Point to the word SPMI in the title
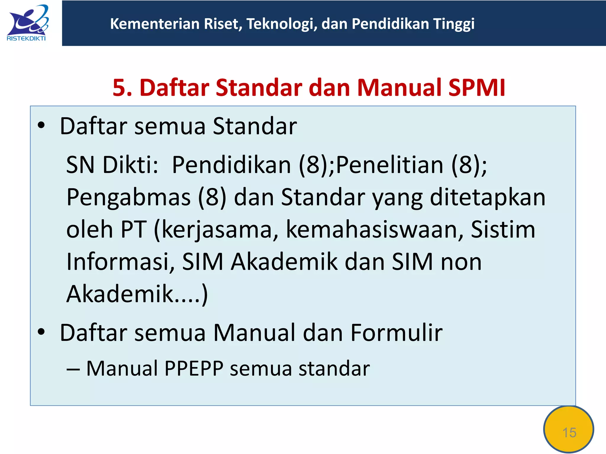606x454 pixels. (x=476, y=88)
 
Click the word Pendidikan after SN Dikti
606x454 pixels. (x=231, y=165)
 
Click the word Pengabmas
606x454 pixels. (x=128, y=197)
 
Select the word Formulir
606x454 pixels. (x=397, y=333)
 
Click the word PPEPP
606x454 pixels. (x=194, y=368)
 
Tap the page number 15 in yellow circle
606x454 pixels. (x=569, y=432)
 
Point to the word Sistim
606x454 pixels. (x=503, y=230)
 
